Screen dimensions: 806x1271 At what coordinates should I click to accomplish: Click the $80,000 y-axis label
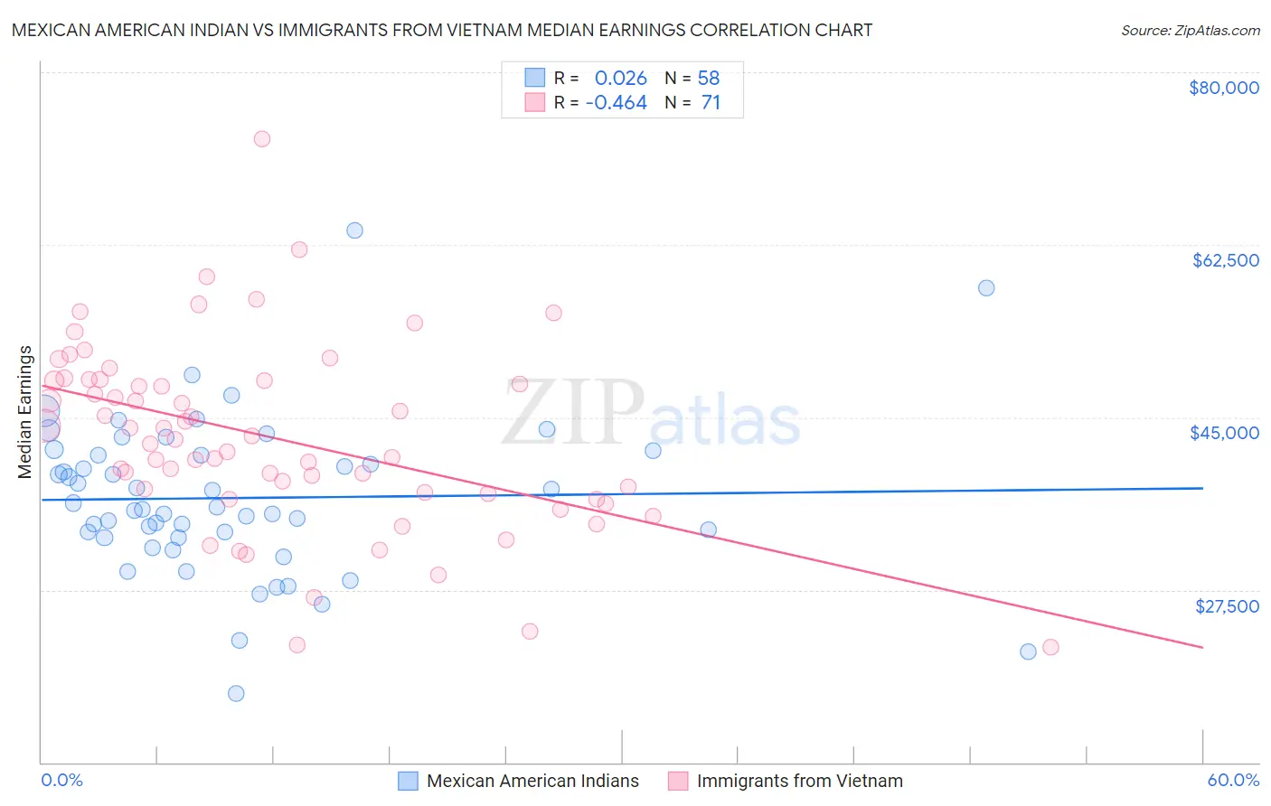click(x=1223, y=88)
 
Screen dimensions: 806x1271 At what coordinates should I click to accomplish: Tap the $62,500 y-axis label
click(x=1225, y=260)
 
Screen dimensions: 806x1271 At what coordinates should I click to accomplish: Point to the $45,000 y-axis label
click(x=1224, y=433)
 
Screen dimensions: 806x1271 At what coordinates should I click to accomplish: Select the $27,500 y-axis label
click(x=1227, y=606)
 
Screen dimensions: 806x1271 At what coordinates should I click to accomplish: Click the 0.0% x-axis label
click(x=61, y=780)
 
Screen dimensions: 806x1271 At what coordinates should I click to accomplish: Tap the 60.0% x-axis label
click(x=1233, y=780)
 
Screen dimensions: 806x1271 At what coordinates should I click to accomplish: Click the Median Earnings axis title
click(x=25, y=412)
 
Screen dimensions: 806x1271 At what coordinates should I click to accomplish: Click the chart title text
click(x=442, y=30)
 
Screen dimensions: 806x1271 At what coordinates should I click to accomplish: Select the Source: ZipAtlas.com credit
click(x=1190, y=31)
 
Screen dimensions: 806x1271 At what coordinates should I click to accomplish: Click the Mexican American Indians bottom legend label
click(x=532, y=781)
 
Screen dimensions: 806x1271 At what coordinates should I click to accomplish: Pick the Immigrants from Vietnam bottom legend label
click(x=799, y=781)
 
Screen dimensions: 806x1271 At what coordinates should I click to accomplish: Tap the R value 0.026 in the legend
click(x=620, y=79)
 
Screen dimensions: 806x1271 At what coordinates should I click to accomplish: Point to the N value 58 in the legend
click(x=709, y=79)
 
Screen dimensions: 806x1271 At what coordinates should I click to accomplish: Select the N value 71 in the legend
click(x=711, y=103)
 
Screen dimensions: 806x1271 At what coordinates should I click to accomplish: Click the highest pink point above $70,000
click(x=262, y=139)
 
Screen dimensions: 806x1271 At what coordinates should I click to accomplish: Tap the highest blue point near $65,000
click(x=354, y=230)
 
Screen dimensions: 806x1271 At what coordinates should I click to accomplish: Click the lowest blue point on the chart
click(x=236, y=693)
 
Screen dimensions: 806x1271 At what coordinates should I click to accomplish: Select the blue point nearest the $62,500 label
click(x=986, y=288)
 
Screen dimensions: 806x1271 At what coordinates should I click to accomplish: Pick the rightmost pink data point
click(x=1050, y=647)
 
